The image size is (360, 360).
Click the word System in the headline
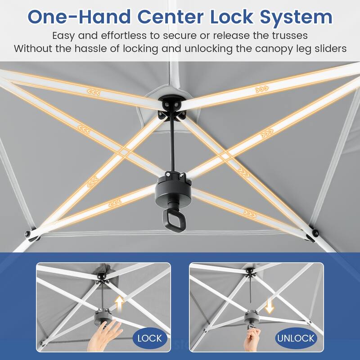click(x=296, y=17)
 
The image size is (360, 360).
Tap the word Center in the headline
click(x=171, y=17)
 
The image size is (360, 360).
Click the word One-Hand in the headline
click(x=79, y=17)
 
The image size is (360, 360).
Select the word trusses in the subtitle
click(x=290, y=36)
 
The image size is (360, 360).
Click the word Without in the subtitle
click(x=33, y=49)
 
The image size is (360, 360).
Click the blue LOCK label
click(x=150, y=338)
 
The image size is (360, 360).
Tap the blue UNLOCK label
click(x=296, y=338)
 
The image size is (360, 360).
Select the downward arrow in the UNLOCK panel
click(x=269, y=306)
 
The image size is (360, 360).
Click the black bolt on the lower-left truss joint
click(x=28, y=234)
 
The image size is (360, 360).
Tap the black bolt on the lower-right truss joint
click(x=316, y=234)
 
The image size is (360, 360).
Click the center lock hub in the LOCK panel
click(x=103, y=316)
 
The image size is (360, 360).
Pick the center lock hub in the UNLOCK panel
click(x=252, y=316)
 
